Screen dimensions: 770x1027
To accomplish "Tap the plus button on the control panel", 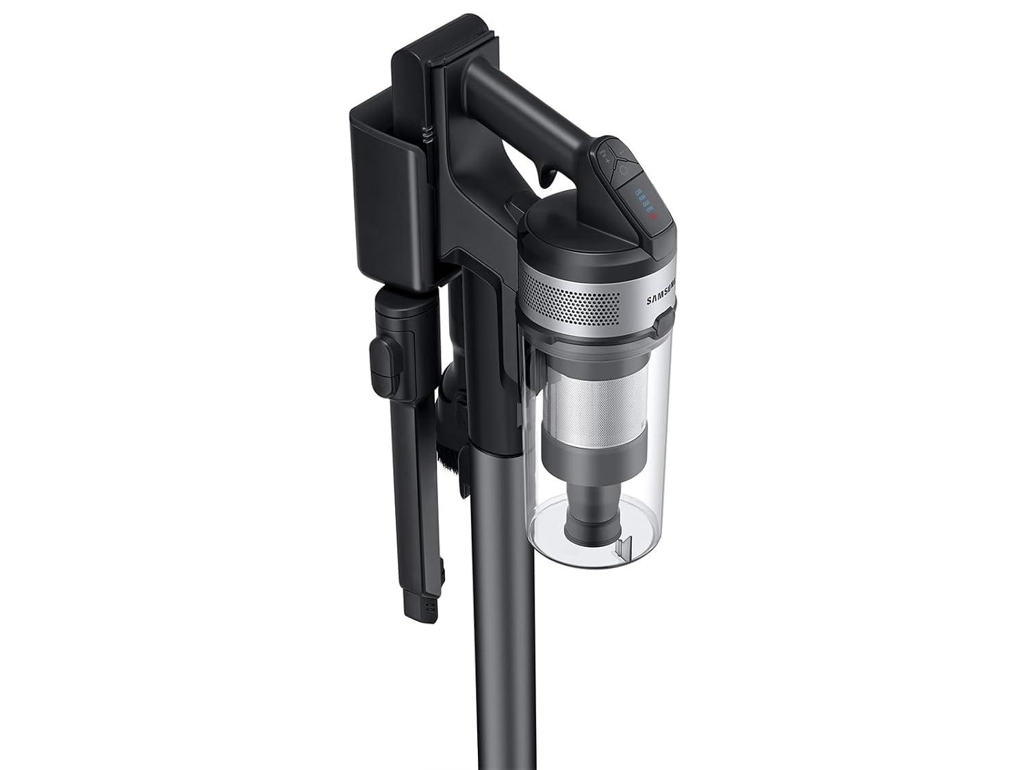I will [607, 162].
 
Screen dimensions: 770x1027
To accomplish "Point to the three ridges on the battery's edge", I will [427, 136].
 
